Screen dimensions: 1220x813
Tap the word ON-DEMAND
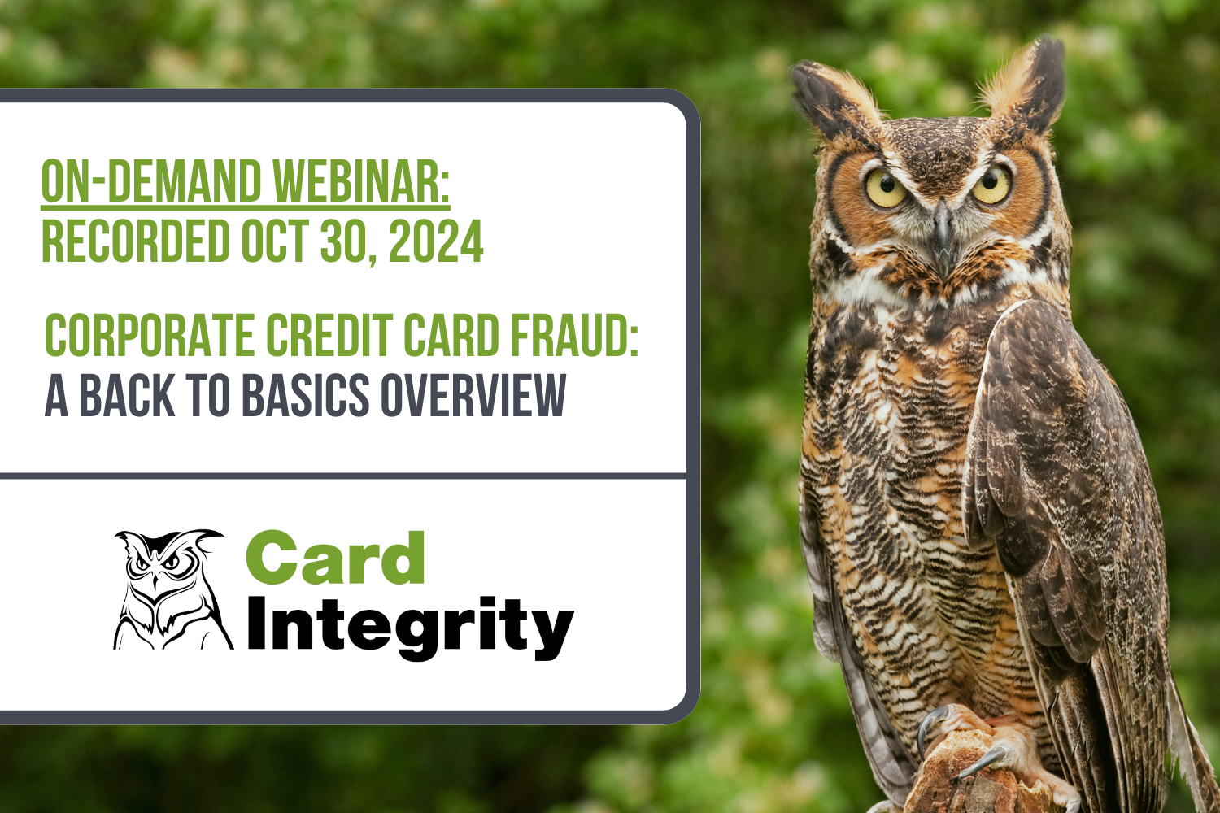click(151, 181)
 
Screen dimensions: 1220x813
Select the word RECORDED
click(136, 241)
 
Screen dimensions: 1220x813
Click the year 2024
click(436, 241)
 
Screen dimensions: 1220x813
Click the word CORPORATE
click(149, 335)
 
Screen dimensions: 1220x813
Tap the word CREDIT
click(329, 335)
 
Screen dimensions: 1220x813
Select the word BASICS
click(306, 395)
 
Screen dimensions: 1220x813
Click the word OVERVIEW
click(473, 395)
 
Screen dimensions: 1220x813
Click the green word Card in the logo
click(335, 559)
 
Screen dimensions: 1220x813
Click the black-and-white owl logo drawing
click(172, 589)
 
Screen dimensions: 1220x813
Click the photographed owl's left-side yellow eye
click(886, 188)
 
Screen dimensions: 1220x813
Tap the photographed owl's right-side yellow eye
click(991, 185)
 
